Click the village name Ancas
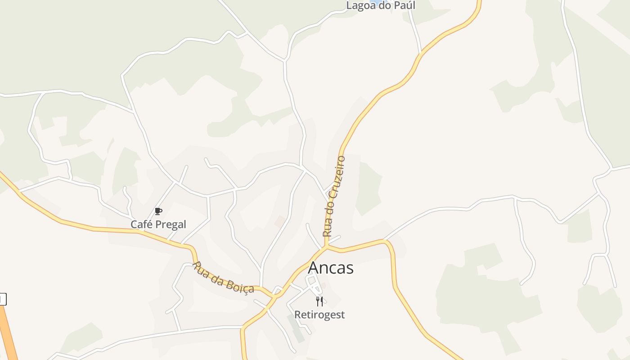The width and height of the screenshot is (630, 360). coord(331,268)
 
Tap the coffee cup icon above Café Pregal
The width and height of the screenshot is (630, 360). coord(158,211)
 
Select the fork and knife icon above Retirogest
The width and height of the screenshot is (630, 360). coord(319,301)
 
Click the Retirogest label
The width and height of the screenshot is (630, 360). coord(319,315)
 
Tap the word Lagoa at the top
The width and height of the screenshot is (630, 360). coord(360,6)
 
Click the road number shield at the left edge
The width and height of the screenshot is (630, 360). coord(3,299)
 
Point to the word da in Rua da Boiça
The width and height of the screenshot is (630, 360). coord(218,277)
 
